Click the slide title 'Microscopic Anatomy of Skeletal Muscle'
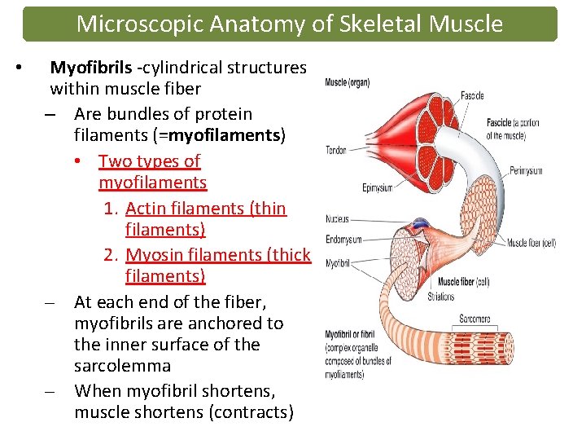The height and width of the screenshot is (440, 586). click(289, 24)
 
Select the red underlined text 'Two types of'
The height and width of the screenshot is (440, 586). click(149, 161)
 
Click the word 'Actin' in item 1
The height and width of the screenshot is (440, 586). click(147, 209)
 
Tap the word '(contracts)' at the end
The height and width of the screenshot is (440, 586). click(251, 412)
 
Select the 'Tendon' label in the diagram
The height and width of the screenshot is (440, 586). click(336, 150)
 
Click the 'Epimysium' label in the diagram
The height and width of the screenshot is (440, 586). click(378, 188)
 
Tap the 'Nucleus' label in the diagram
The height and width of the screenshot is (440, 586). click(337, 218)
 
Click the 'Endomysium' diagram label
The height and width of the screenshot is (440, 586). click(343, 239)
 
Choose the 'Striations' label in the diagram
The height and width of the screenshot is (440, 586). click(442, 297)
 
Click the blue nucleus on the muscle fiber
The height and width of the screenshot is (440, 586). click(420, 222)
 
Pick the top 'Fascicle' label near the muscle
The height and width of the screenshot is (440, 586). click(472, 95)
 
